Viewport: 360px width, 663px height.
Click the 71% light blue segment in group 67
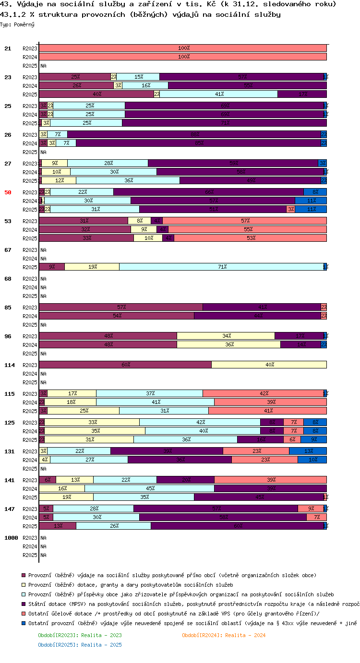click(x=221, y=267)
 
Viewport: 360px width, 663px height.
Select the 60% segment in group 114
click(x=125, y=365)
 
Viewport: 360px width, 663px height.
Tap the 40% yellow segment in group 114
click(x=269, y=365)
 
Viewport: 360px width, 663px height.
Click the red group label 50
click(x=8, y=192)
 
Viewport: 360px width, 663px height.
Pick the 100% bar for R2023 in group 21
click(x=183, y=48)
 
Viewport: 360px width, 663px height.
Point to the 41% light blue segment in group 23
click(x=218, y=94)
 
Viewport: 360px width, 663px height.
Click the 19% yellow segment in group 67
click(x=92, y=267)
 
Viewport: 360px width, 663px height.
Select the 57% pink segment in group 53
click(x=245, y=221)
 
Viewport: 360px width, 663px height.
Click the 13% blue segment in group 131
click(x=308, y=451)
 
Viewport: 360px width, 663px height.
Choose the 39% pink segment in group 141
click(x=270, y=480)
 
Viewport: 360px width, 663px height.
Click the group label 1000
click(x=11, y=538)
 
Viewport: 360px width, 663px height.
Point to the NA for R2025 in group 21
click(x=43, y=66)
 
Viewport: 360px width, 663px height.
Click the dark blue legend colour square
click(x=24, y=623)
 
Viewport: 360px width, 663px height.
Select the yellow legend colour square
click(x=24, y=585)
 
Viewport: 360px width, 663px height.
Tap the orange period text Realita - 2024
click(x=224, y=635)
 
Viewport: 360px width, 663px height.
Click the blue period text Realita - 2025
click(x=80, y=645)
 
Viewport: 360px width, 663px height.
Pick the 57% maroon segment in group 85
click(x=121, y=307)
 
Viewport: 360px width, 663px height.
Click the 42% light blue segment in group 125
click(x=200, y=422)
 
